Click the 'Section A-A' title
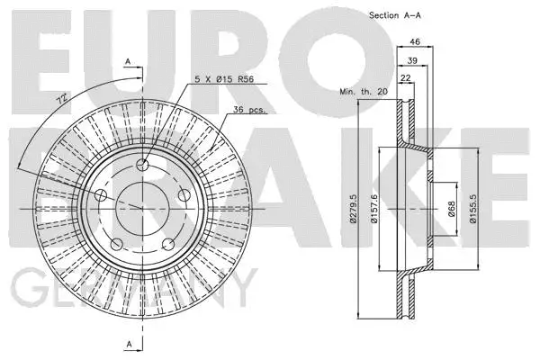[395, 14]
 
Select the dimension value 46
[415, 42]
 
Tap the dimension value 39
[412, 60]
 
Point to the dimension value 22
[408, 79]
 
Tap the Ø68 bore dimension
[450, 208]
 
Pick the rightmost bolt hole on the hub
[184, 194]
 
